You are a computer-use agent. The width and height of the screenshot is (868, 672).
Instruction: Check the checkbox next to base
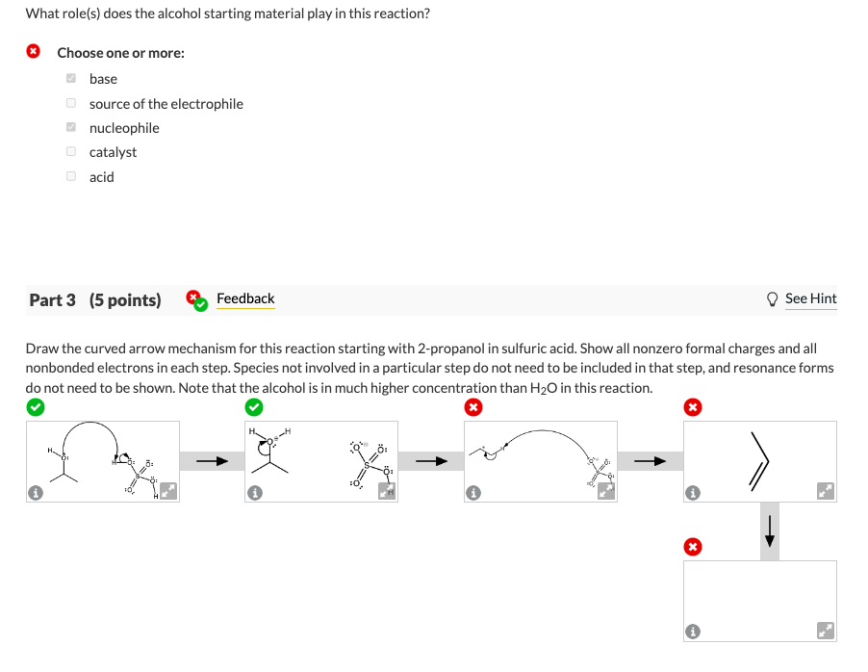point(71,79)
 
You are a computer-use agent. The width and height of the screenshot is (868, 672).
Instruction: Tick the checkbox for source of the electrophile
point(71,103)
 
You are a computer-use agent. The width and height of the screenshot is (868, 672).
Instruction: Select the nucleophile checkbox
point(71,128)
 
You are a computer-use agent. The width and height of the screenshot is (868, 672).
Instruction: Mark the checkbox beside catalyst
point(71,152)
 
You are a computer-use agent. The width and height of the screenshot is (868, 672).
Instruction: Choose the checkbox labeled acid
point(71,176)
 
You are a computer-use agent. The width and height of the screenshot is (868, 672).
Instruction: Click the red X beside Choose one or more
point(34,52)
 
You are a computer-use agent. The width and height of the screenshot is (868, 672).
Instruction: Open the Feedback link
point(245,298)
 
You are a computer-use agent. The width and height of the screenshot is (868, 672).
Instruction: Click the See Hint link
point(810,298)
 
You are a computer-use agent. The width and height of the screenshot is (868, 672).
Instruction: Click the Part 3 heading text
point(95,299)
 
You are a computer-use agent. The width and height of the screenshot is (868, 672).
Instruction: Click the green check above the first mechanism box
point(34,407)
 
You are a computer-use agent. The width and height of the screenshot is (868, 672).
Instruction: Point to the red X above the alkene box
point(691,407)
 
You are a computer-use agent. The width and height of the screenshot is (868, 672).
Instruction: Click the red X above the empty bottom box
point(691,547)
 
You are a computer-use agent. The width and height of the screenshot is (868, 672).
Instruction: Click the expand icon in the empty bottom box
point(825,632)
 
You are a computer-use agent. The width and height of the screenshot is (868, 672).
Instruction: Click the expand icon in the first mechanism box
point(167,492)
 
